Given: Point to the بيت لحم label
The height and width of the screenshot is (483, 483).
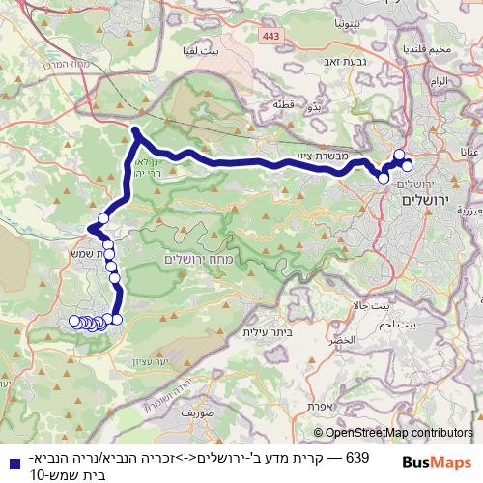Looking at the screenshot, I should click(424, 325).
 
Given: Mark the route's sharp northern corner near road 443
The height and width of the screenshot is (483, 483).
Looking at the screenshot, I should click(136, 130).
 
